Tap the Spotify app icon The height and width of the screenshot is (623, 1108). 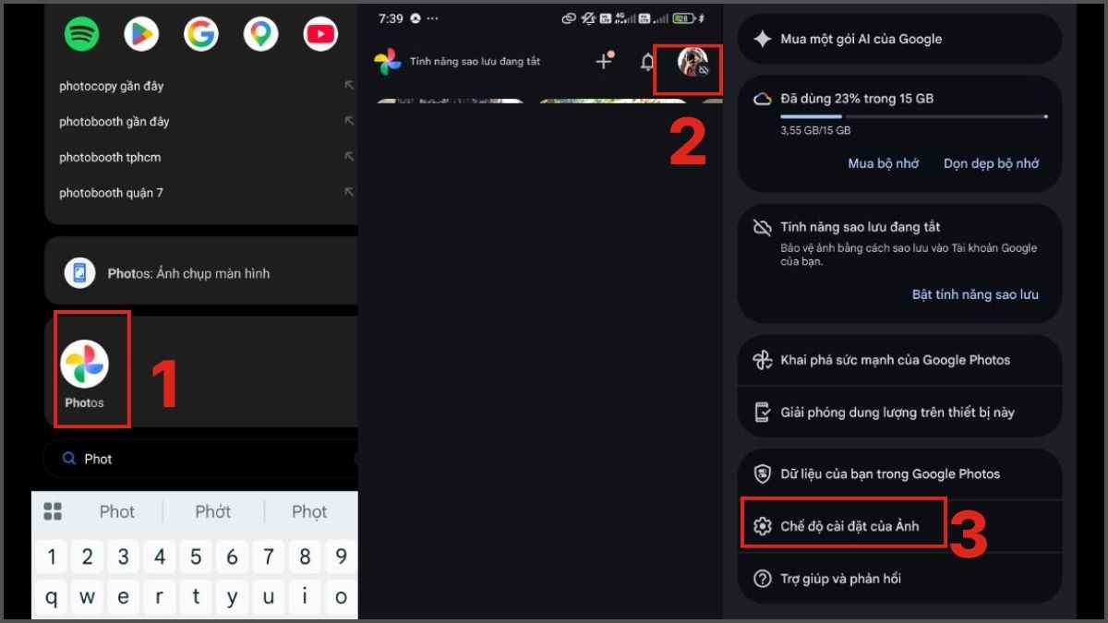click(x=81, y=34)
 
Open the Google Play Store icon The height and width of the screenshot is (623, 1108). click(x=141, y=34)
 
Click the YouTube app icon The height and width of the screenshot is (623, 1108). click(x=320, y=34)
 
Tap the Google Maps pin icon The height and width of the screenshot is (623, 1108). click(x=260, y=34)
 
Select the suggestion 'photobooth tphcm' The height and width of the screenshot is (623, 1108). click(x=110, y=157)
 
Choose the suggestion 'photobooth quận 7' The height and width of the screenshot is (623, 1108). click(x=111, y=193)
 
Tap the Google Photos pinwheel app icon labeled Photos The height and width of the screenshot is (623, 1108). click(x=85, y=364)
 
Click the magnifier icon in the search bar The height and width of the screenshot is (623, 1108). click(x=68, y=459)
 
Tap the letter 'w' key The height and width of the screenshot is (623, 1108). click(x=87, y=597)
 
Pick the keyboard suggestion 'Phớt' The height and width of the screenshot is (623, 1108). click(x=212, y=511)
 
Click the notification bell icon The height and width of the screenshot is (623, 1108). click(x=647, y=63)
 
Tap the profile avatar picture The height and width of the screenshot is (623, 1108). click(x=692, y=62)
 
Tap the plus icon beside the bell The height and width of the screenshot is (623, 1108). click(x=604, y=61)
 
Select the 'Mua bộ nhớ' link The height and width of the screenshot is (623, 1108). click(x=884, y=163)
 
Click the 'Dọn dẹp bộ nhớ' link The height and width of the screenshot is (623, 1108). click(x=992, y=163)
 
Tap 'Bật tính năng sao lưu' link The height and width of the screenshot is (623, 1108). click(x=975, y=294)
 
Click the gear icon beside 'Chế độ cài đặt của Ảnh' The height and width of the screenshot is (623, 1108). click(x=763, y=526)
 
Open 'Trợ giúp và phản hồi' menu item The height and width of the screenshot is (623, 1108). click(x=840, y=579)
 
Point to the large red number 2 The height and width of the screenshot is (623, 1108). click(x=688, y=142)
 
